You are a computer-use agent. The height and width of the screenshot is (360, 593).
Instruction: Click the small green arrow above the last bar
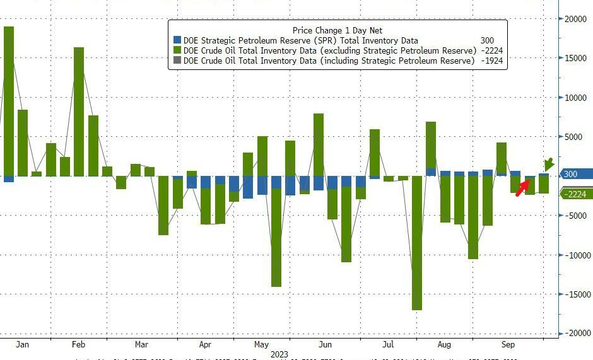[548, 164]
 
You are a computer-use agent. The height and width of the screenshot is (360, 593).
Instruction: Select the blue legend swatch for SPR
[177, 40]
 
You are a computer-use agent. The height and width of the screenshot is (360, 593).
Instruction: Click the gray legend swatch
[177, 61]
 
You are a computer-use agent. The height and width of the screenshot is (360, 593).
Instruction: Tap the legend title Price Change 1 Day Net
[338, 30]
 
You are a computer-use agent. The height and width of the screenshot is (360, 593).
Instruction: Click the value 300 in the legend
[487, 40]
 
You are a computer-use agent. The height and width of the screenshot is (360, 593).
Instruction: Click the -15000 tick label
[575, 294]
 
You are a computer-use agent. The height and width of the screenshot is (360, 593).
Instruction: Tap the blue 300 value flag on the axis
[574, 174]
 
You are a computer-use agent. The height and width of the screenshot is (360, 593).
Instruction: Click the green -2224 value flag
[574, 194]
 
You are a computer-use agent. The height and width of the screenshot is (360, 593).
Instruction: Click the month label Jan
[22, 345]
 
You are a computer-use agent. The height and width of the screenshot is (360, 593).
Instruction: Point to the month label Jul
[387, 345]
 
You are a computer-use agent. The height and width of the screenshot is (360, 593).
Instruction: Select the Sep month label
[508, 345]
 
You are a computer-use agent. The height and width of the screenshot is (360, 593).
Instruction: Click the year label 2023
[279, 354]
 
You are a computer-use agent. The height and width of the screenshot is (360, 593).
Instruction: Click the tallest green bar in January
[9, 101]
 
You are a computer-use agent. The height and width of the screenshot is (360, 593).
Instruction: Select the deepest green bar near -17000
[416, 243]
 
